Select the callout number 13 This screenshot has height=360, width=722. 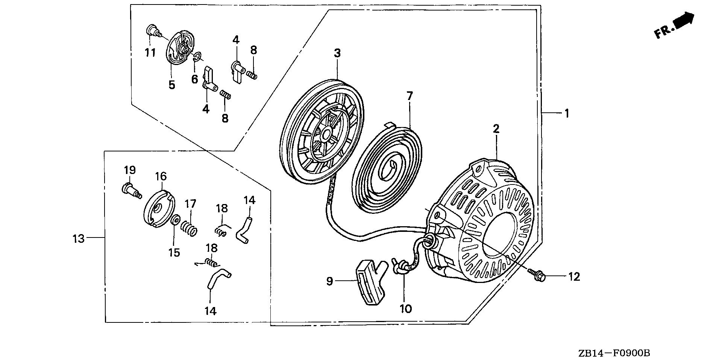point(79,238)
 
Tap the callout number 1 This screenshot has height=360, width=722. point(567,113)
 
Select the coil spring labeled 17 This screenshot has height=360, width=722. point(188,228)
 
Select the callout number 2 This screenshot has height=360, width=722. point(496,129)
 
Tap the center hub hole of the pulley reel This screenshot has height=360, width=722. point(326,133)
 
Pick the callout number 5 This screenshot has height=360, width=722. point(171,85)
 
